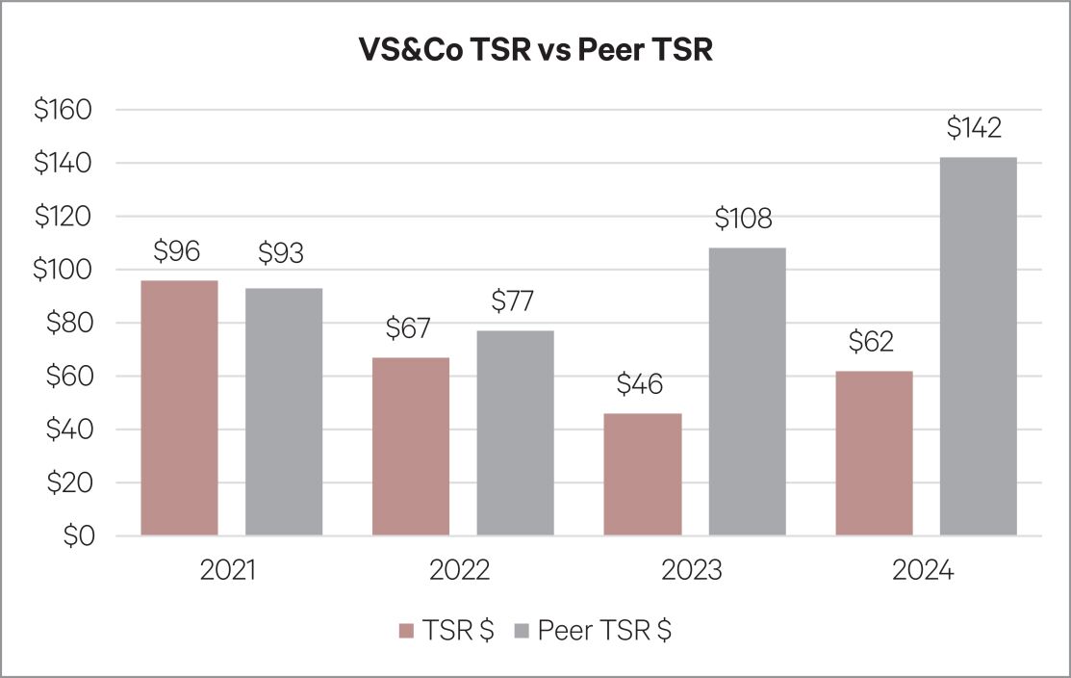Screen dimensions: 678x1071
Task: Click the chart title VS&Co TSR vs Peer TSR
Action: tap(535, 49)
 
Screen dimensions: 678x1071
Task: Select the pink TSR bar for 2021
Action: tap(179, 407)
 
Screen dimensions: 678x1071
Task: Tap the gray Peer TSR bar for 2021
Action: tap(284, 411)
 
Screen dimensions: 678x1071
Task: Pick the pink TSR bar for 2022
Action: tap(410, 446)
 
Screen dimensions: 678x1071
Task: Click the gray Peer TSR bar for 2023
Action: tap(747, 391)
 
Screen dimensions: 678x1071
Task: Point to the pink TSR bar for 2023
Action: tap(642, 474)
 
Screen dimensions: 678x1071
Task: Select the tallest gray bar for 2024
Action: tap(978, 346)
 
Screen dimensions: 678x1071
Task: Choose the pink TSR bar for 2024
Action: tap(874, 453)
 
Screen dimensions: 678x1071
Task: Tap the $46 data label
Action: tap(638, 385)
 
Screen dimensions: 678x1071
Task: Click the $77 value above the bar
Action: tap(512, 301)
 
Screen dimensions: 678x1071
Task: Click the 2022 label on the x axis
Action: tap(460, 570)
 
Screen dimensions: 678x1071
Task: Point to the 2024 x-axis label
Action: tap(922, 570)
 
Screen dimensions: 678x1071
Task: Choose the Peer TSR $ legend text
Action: tap(605, 631)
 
